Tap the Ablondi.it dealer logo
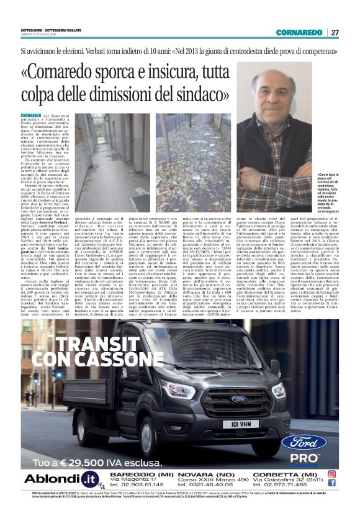pos(59,480)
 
